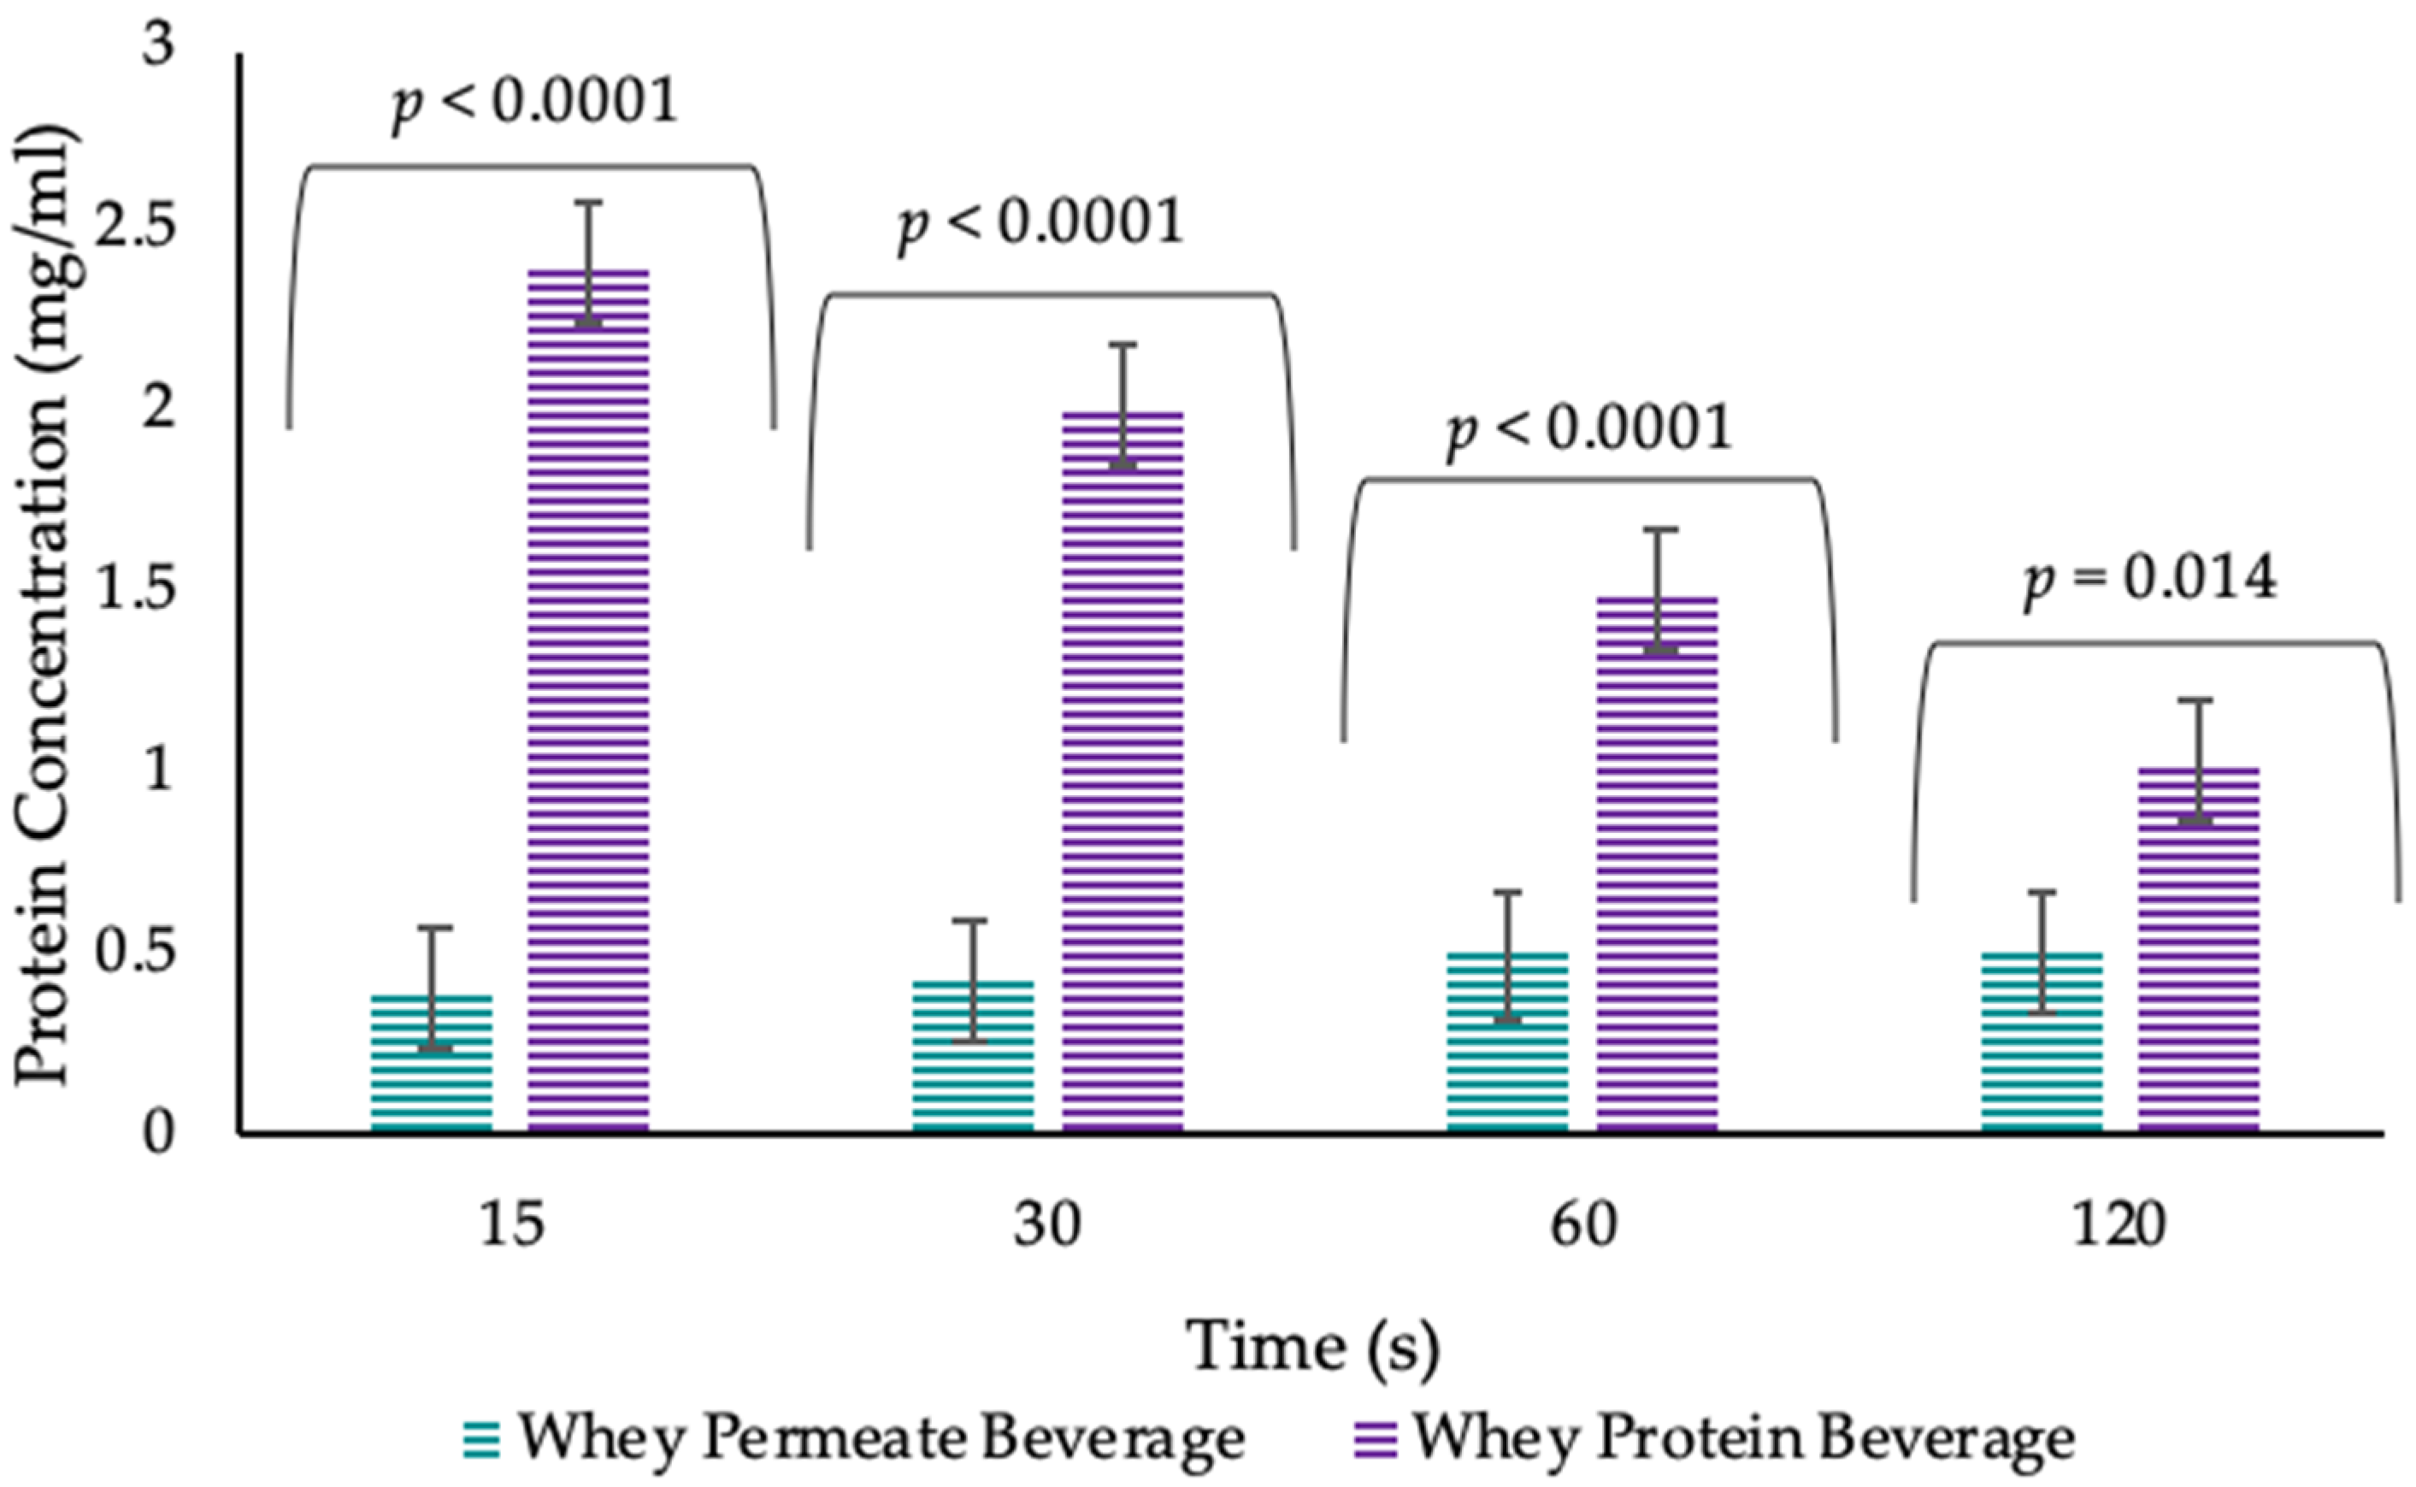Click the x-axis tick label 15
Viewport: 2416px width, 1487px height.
(x=511, y=1226)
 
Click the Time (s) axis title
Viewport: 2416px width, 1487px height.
(x=1315, y=1347)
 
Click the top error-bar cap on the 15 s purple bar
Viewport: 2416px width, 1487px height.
(x=588, y=203)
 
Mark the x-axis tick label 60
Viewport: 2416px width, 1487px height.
(x=1583, y=1226)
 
